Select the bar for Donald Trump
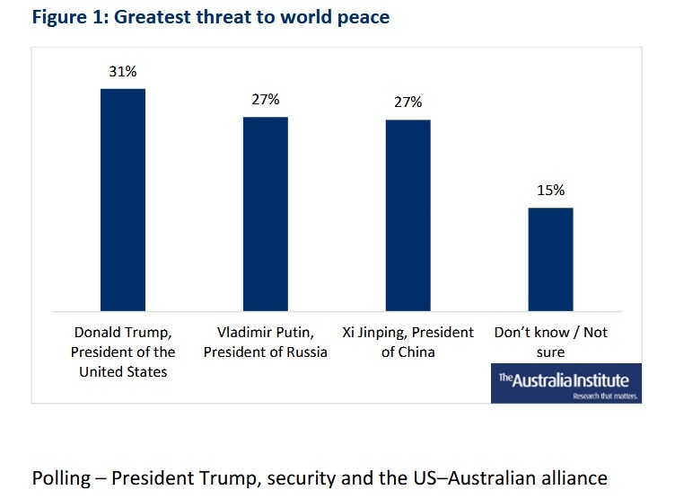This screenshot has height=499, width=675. (x=122, y=200)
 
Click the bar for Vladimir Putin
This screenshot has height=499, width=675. (x=265, y=214)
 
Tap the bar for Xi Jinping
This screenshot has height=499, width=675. (x=408, y=215)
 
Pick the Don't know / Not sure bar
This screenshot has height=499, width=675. (x=550, y=260)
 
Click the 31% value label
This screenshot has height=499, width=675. (x=122, y=72)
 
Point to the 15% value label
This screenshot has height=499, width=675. (x=550, y=191)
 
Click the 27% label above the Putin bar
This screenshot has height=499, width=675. (x=265, y=100)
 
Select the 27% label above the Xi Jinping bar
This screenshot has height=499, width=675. (x=408, y=102)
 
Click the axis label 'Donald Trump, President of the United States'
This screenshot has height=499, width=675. (x=123, y=352)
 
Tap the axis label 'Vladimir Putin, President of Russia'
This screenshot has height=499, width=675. (x=266, y=343)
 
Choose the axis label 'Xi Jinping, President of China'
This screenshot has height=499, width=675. (x=408, y=343)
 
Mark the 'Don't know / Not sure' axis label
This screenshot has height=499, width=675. (x=551, y=343)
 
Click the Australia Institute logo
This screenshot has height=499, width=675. (x=565, y=383)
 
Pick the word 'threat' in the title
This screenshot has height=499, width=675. (x=211, y=17)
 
